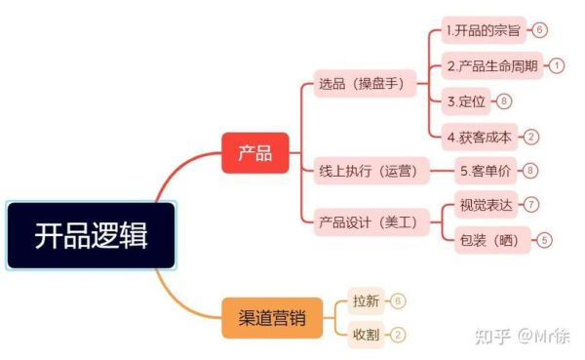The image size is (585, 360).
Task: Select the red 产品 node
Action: pyautogui.click(x=254, y=152)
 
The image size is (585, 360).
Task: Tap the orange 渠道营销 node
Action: pyautogui.click(x=271, y=317)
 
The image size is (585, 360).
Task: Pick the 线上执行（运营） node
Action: pyautogui.click(x=373, y=172)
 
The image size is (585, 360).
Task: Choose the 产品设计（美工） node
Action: pyautogui.click(x=373, y=222)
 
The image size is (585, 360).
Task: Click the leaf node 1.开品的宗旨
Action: pyautogui.click(x=484, y=30)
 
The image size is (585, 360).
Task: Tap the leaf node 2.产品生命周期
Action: pyautogui.click(x=492, y=66)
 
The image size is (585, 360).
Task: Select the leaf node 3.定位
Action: pyautogui.click(x=466, y=101)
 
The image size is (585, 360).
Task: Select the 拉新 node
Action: pyautogui.click(x=365, y=300)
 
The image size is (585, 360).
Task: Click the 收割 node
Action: pyautogui.click(x=365, y=335)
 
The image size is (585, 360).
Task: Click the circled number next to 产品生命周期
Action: pyautogui.click(x=557, y=66)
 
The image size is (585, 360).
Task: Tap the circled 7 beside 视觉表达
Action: pyautogui.click(x=531, y=205)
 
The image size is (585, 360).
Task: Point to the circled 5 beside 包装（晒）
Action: pyautogui.click(x=545, y=239)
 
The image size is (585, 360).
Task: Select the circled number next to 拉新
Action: pyautogui.click(x=398, y=300)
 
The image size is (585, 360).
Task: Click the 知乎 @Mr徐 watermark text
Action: pyautogui.click(x=523, y=337)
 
